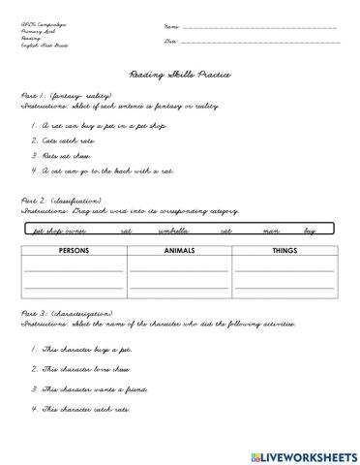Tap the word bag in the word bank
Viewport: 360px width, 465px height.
point(310,232)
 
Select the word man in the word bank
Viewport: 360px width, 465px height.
point(271,232)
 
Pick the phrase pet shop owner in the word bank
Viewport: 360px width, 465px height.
point(60,232)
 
